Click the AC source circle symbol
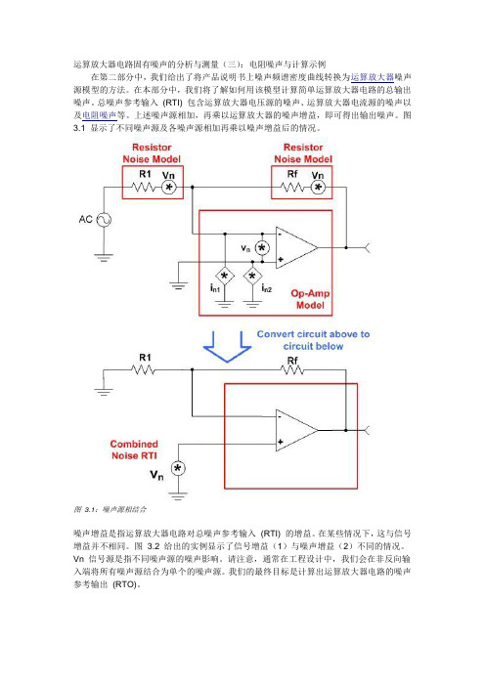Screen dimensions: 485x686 pyautogui.click(x=104, y=220)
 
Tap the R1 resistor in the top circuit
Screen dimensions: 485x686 pyautogui.click(x=143, y=188)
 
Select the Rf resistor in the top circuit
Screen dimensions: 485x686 pyautogui.click(x=292, y=188)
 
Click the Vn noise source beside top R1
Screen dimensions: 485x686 pyautogui.click(x=168, y=188)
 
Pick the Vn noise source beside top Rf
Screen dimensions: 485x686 pyautogui.click(x=318, y=188)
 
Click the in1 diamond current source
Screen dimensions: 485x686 pyautogui.click(x=225, y=277)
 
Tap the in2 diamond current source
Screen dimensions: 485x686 pyautogui.click(x=252, y=277)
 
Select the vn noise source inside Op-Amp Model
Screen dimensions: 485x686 pyautogui.click(x=262, y=248)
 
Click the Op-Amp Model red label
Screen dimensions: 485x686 pyautogui.click(x=310, y=299)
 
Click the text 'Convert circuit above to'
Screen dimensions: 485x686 pyautogui.click(x=313, y=334)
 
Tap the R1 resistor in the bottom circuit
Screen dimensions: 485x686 pyautogui.click(x=143, y=370)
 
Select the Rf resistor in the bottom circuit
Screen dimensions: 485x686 pyautogui.click(x=292, y=370)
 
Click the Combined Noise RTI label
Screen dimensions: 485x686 pyautogui.click(x=134, y=450)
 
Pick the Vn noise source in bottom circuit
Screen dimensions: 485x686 pyautogui.click(x=178, y=468)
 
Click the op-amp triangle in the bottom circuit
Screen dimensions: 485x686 pyautogui.click(x=297, y=431)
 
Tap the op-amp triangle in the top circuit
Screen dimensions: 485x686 pyautogui.click(x=297, y=247)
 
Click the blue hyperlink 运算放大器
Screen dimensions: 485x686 pyautogui.click(x=373, y=77)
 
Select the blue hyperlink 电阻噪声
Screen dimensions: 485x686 pyautogui.click(x=100, y=115)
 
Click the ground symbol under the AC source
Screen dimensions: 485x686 pyautogui.click(x=104, y=258)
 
